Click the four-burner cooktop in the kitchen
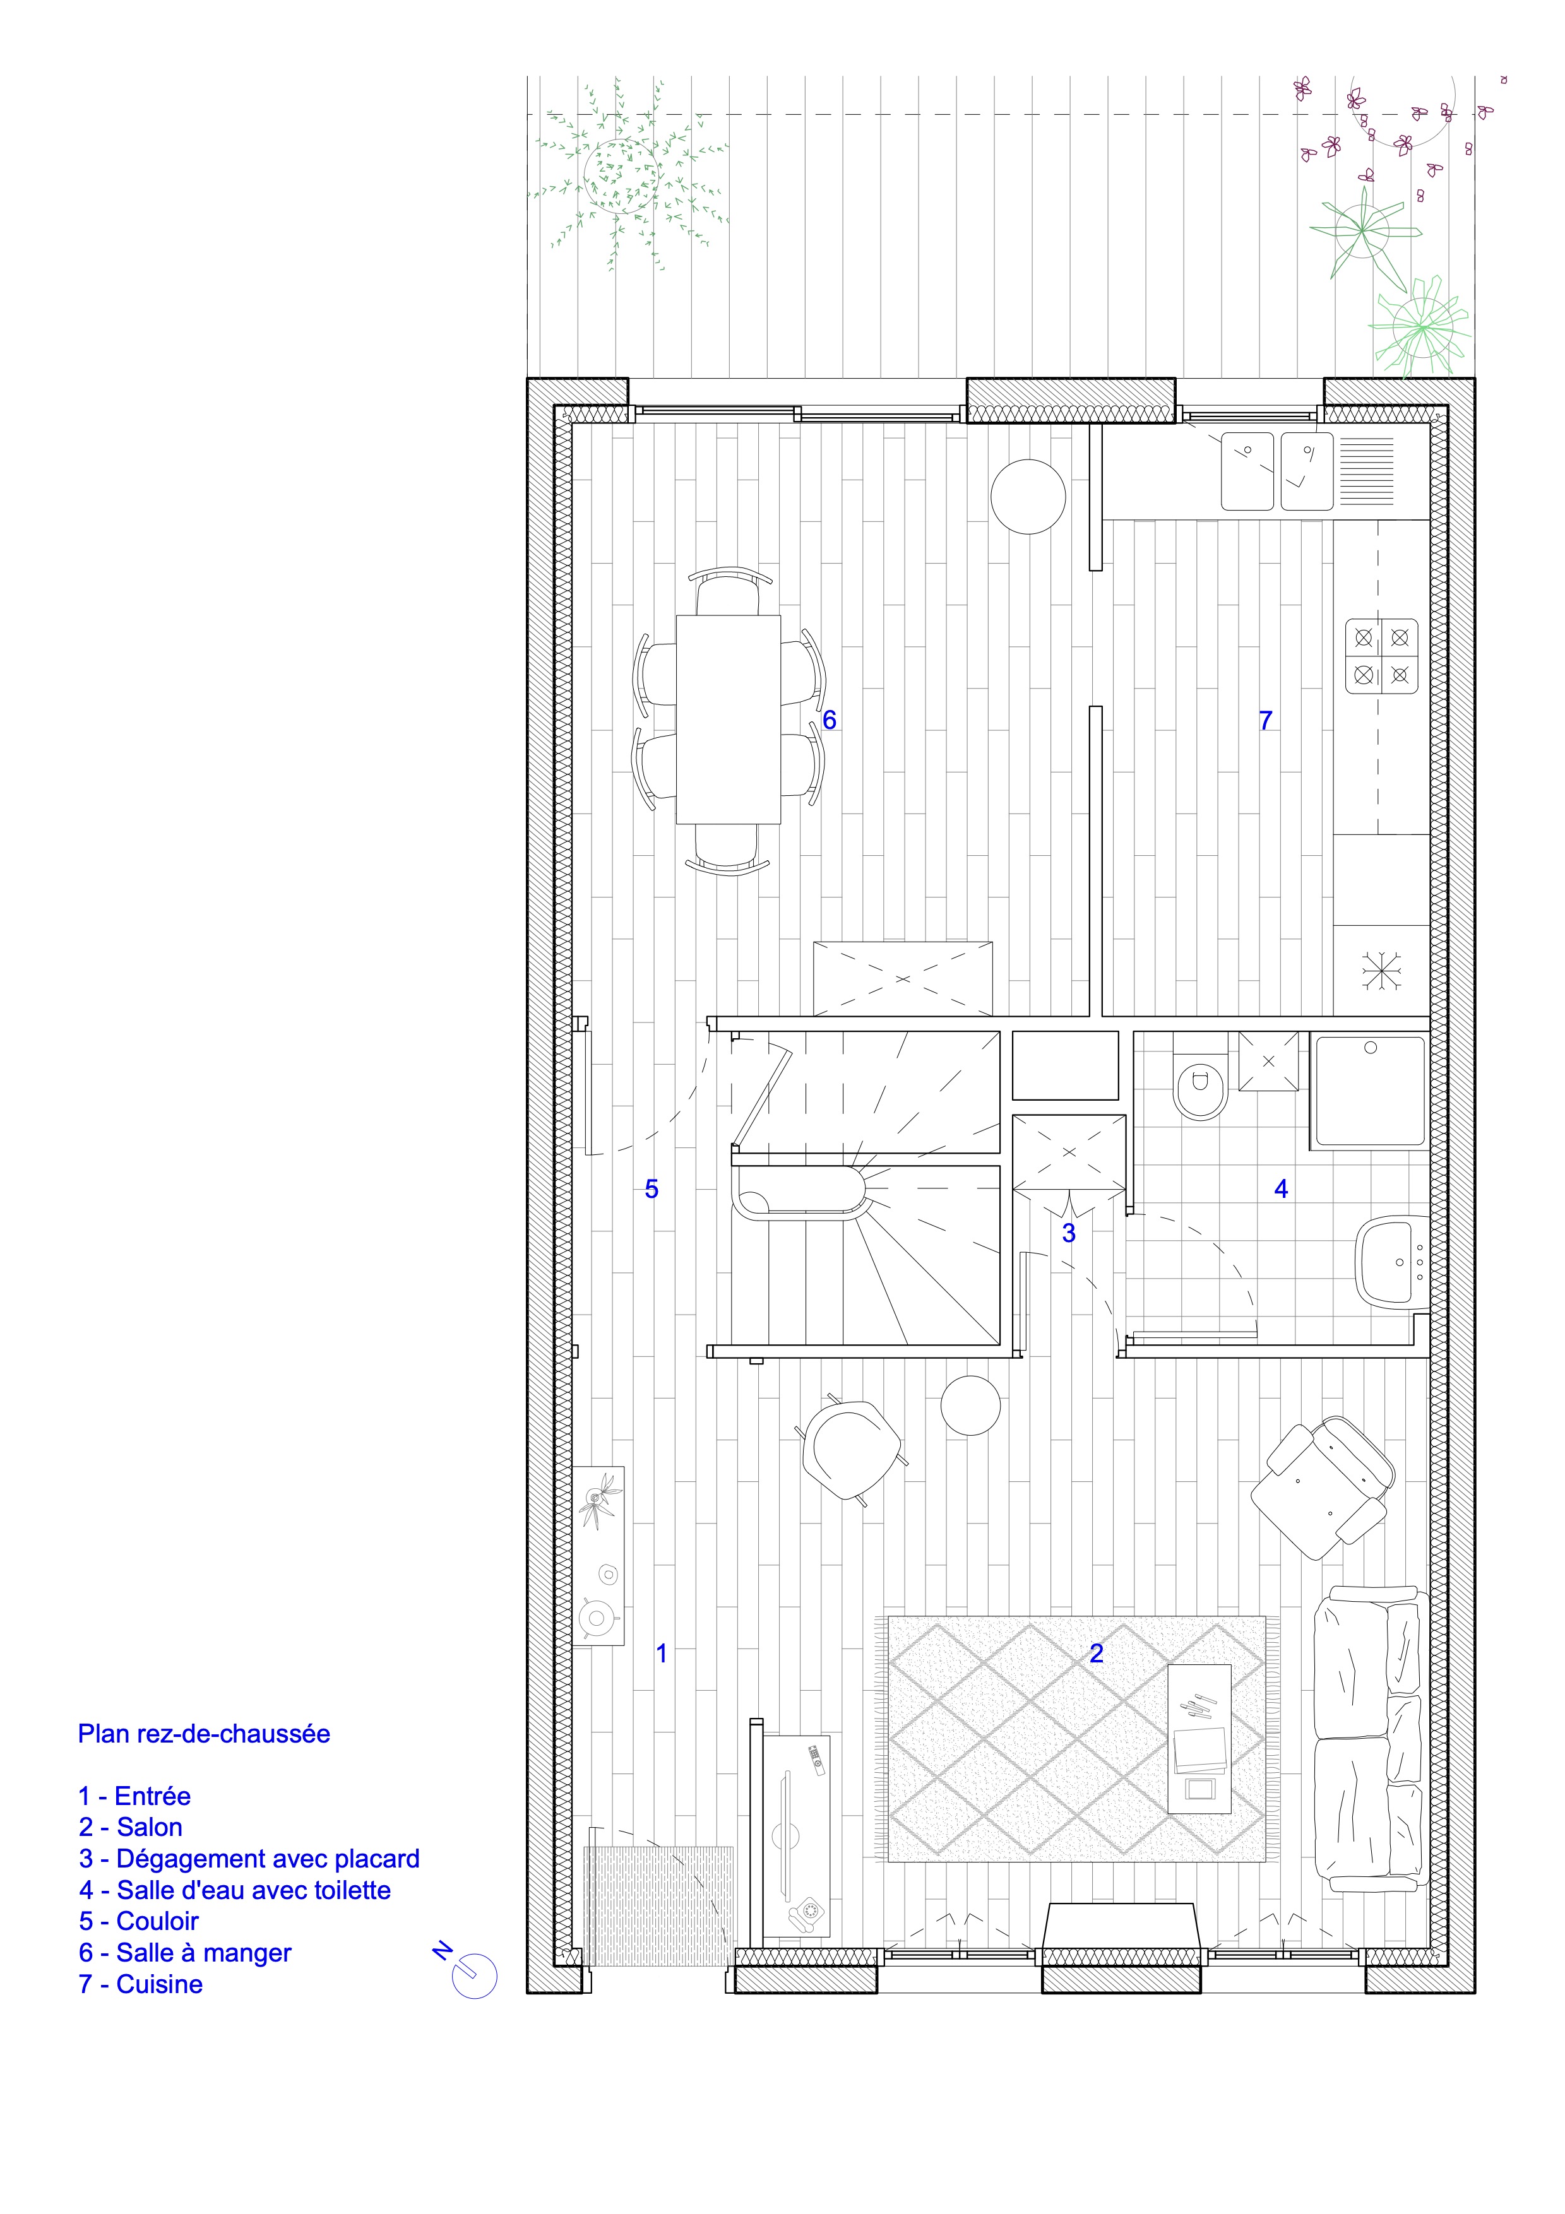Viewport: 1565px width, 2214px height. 1382,656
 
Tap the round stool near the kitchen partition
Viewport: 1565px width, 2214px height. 1028,495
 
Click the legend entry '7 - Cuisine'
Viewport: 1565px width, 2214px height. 141,1984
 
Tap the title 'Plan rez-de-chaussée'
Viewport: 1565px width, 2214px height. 203,1734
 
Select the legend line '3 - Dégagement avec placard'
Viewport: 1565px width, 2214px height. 249,1858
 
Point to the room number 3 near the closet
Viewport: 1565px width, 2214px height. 1068,1233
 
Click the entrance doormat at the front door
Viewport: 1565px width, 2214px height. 658,1907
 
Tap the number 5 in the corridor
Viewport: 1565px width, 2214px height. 652,1189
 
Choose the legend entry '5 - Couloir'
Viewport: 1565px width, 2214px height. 139,1921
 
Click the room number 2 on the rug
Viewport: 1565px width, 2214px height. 1097,1653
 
